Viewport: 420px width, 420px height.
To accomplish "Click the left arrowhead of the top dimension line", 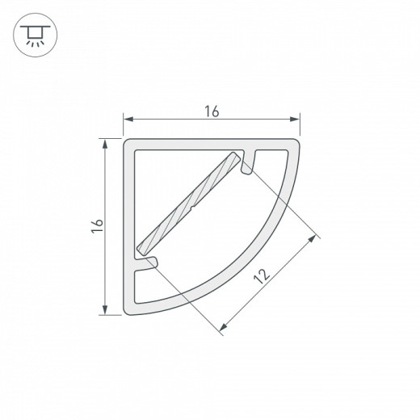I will pos(127,120).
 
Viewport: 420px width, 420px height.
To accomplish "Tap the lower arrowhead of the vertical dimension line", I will pos(105,311).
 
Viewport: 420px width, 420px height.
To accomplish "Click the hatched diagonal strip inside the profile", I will pos(190,202).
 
